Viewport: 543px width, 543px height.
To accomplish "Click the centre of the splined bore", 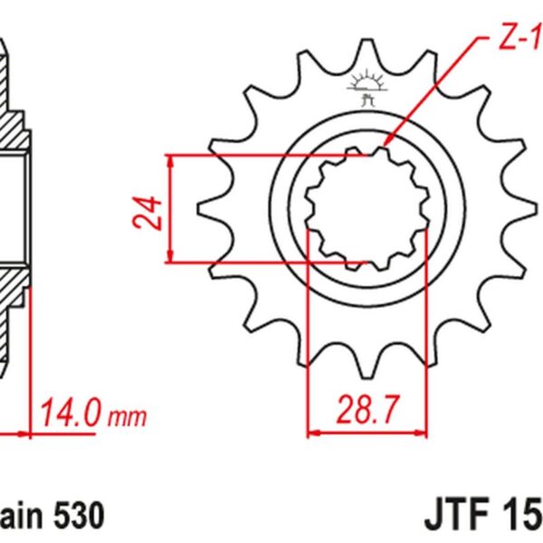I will (x=367, y=210).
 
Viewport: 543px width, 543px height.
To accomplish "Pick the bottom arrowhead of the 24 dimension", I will (x=170, y=260).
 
